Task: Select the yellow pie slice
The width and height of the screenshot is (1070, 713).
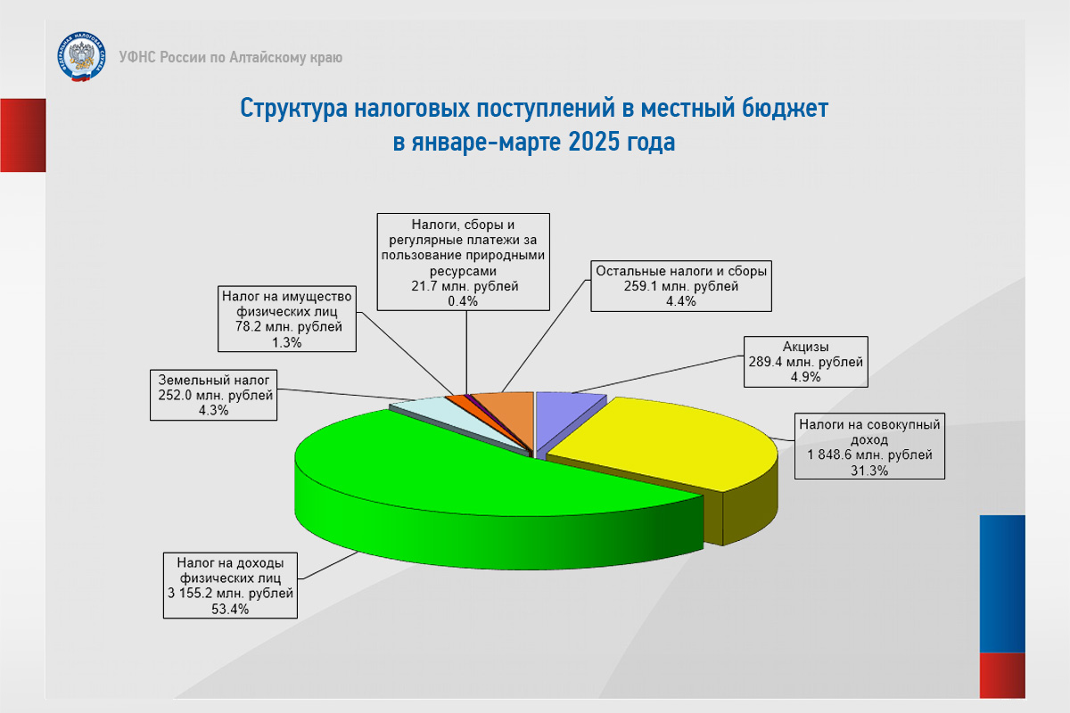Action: click(x=669, y=444)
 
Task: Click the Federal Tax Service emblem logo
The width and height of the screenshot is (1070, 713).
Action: click(x=81, y=57)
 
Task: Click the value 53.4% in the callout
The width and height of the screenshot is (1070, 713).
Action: click(x=230, y=609)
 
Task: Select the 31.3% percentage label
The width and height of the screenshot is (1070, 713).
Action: click(x=868, y=471)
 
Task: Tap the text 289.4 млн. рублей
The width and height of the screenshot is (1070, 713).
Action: click(x=805, y=362)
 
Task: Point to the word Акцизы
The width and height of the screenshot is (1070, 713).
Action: click(x=805, y=346)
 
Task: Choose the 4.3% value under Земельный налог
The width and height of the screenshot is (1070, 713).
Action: click(x=213, y=410)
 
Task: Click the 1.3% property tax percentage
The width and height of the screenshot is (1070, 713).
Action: click(x=286, y=342)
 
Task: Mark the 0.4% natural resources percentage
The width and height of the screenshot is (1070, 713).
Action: click(x=463, y=301)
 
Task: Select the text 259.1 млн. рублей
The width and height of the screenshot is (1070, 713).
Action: click(x=680, y=286)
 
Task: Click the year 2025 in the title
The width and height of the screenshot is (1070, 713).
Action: click(x=597, y=142)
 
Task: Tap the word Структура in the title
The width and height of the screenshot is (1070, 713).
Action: click(x=294, y=109)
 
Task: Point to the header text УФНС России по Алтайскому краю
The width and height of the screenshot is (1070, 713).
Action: click(x=231, y=57)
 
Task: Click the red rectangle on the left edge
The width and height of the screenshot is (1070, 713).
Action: click(x=23, y=135)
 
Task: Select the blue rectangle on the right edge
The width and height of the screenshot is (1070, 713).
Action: click(x=1002, y=584)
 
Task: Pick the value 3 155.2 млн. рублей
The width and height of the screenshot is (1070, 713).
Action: click(x=230, y=594)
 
